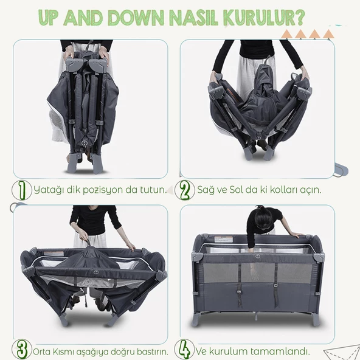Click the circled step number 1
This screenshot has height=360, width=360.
pos(21,190)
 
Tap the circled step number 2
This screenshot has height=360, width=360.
pos(185,190)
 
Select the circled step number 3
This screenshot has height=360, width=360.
pos(21,350)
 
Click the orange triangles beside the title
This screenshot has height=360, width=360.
pos(316,34)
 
